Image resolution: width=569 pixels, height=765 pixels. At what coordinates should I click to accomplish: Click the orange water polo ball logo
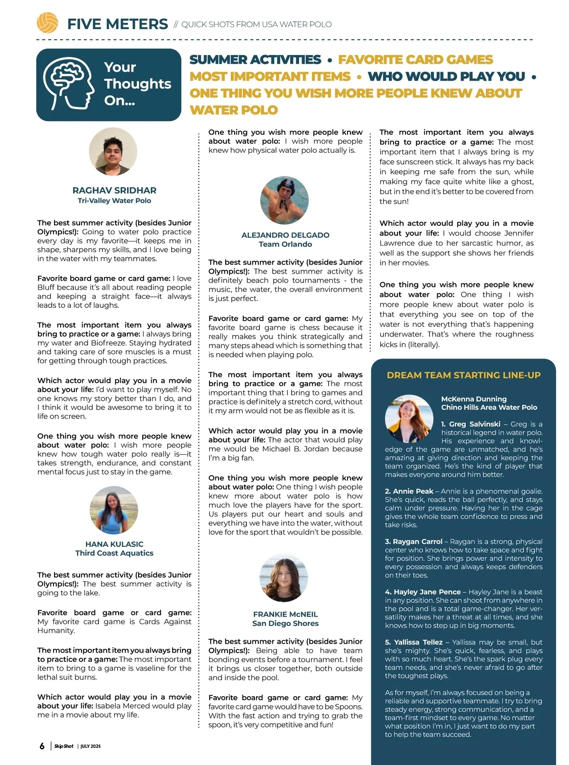(x=47, y=23)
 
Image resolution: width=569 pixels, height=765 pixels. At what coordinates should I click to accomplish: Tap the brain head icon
(x=67, y=84)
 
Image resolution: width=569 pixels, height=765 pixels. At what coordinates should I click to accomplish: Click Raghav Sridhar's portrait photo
(x=113, y=152)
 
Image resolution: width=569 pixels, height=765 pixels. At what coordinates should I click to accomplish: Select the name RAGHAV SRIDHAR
(x=114, y=190)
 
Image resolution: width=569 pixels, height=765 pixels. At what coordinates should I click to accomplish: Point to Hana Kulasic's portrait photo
(x=114, y=510)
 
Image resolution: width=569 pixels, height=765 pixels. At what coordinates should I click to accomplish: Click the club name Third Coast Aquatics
(x=114, y=553)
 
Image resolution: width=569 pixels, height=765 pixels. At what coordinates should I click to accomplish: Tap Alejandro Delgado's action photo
(x=284, y=200)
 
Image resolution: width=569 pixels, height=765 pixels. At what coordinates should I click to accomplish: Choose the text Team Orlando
(x=285, y=244)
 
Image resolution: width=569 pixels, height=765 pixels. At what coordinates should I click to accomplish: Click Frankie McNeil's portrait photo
(x=284, y=578)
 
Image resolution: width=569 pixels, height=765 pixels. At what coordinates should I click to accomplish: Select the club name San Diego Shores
(x=285, y=623)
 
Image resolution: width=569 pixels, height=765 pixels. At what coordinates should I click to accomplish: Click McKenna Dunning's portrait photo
(x=409, y=418)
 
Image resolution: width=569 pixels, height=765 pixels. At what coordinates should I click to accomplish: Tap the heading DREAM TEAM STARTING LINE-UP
(x=463, y=375)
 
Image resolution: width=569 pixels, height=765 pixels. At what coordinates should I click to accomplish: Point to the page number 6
(x=42, y=746)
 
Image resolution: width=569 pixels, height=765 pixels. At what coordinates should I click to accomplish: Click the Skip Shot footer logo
(x=64, y=746)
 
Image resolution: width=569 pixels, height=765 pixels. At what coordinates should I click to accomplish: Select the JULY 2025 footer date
(x=91, y=746)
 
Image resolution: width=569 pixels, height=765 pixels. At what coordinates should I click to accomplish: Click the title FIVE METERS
(x=118, y=24)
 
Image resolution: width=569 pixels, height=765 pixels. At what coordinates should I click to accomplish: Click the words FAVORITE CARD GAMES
(x=415, y=60)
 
